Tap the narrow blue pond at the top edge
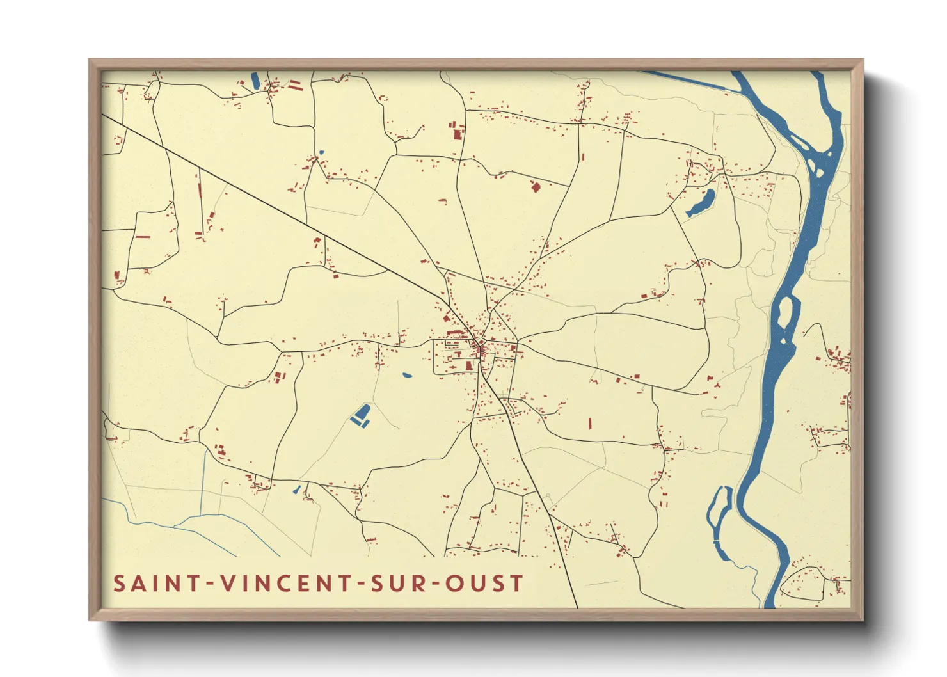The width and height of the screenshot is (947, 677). click(255, 80)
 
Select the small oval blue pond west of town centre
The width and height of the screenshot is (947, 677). click(406, 375)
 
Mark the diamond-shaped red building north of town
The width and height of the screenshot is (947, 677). click(536, 186)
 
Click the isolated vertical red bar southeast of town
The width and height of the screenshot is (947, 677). click(589, 423)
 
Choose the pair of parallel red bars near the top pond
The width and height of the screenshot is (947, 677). click(295, 84)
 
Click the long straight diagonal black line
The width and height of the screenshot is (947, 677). click(288, 211)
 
